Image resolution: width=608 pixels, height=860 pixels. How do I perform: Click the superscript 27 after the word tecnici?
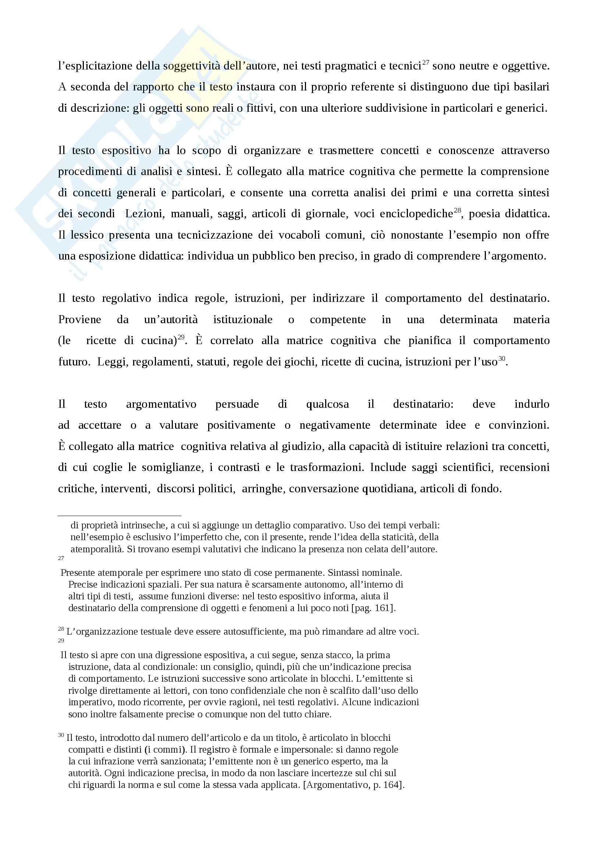(426, 63)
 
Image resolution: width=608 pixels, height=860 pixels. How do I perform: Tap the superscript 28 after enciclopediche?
(457, 210)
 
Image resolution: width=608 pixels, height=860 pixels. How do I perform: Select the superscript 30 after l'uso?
(502, 358)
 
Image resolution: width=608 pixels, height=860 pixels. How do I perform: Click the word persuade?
(237, 404)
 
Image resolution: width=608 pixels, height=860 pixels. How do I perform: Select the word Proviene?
(79, 320)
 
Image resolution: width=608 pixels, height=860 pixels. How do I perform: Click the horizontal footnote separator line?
(120, 515)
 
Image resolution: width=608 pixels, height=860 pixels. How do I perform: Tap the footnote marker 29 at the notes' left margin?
(61, 640)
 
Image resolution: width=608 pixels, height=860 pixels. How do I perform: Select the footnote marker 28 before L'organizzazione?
(61, 629)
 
